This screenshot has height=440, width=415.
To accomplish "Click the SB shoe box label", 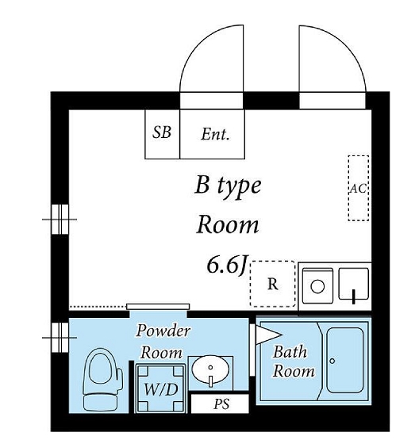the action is tap(162, 132).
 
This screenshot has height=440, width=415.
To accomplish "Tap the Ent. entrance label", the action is tap(215, 134).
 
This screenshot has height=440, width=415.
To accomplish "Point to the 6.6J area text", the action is tap(227, 265).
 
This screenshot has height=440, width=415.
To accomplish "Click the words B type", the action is tap(228, 186).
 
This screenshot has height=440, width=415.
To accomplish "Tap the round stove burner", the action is tap(317, 287).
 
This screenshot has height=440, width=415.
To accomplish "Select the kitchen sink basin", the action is tap(354, 284).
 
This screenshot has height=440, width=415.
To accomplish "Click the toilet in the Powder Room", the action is tap(102, 380).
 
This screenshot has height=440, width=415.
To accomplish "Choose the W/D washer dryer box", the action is tap(160, 388).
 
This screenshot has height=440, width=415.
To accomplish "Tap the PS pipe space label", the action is tap(221, 404).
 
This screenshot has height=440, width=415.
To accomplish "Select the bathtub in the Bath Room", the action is tap(345, 360).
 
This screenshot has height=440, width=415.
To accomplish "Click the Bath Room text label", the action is tap(294, 362).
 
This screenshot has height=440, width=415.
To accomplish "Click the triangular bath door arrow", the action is tap(268, 335).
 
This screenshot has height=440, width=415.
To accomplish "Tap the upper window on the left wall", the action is tap(60, 219).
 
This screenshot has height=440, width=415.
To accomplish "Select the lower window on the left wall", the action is tap(60, 338).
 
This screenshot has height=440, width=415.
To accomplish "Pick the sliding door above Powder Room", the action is tap(158, 307).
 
